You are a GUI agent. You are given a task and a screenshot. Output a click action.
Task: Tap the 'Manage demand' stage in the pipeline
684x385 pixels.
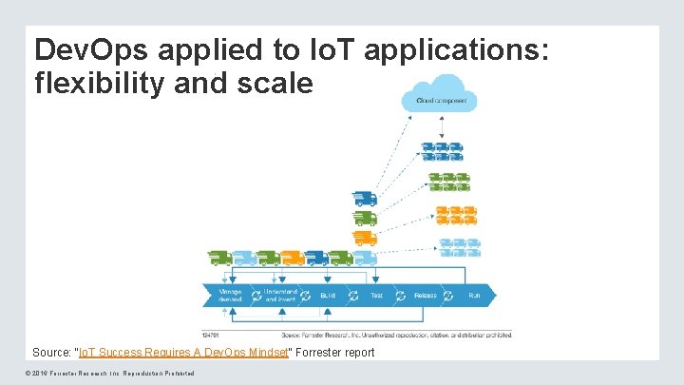click(x=231, y=295)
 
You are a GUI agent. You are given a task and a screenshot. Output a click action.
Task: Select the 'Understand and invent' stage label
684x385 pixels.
click(x=280, y=295)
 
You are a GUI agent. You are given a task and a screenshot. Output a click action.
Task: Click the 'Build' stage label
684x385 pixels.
click(x=328, y=296)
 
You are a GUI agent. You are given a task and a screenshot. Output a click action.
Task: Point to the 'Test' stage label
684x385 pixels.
click(x=377, y=296)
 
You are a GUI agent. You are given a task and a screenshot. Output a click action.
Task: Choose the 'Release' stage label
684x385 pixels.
click(x=426, y=296)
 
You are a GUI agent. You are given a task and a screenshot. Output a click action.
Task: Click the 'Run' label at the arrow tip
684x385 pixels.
click(x=474, y=296)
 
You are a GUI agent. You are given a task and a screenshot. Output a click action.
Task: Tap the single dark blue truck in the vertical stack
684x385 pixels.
click(x=365, y=199)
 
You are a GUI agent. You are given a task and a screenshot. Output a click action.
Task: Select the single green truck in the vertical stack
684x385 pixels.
click(x=365, y=218)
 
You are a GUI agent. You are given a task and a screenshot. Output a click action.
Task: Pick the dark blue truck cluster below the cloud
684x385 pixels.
click(x=441, y=151)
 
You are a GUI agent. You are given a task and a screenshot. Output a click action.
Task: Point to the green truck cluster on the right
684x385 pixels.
click(x=448, y=181)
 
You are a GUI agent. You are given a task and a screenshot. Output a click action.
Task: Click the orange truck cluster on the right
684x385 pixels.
click(x=455, y=215)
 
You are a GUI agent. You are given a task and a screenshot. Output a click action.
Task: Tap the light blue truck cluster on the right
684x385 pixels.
click(x=460, y=246)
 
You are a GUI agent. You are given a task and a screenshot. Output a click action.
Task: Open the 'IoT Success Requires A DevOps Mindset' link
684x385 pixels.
click(x=182, y=352)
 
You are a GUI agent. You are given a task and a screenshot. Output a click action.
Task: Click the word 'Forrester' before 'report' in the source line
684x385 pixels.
click(x=321, y=352)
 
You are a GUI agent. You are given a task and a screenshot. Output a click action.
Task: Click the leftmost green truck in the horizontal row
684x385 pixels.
click(x=220, y=257)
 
